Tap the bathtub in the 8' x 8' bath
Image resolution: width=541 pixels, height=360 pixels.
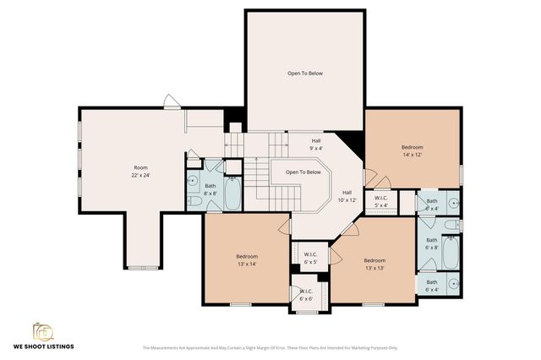(233, 194)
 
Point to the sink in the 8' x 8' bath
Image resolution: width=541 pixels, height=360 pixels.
(192, 181)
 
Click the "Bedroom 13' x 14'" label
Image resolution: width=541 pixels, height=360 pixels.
(247, 260)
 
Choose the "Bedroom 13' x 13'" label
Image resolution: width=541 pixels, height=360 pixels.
(374, 264)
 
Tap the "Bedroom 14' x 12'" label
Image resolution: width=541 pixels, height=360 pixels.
(412, 151)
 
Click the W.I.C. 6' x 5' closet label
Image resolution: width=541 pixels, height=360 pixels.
(310, 259)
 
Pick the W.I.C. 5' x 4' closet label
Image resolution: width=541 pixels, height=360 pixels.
(380, 201)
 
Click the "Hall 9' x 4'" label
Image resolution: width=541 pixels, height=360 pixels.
(316, 145)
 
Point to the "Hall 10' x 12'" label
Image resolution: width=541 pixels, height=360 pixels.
(347, 196)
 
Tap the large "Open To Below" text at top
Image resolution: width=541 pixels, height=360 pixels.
(304, 74)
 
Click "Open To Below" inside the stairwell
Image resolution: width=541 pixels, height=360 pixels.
(303, 172)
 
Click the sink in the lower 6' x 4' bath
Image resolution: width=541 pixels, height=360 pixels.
(452, 284)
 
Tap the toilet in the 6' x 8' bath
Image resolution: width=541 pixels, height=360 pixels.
(452, 226)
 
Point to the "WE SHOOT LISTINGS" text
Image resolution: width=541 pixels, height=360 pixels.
(42, 346)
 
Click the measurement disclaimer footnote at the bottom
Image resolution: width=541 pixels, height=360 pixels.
(270, 347)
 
